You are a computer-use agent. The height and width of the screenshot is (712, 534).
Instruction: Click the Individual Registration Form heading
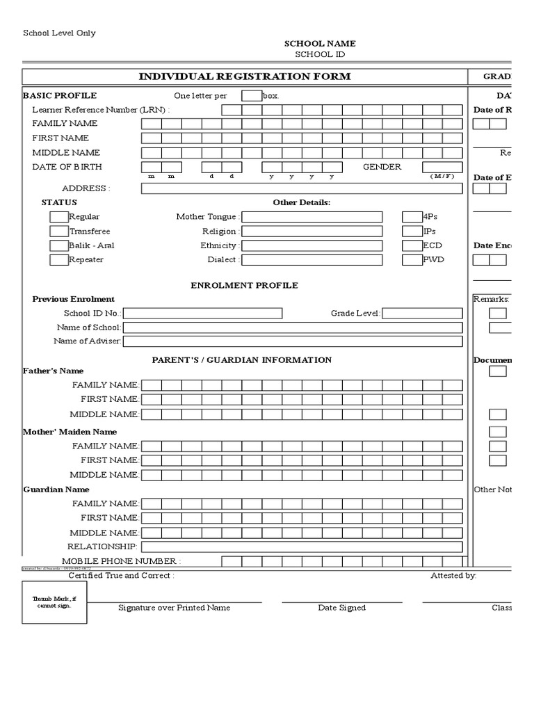pyautogui.click(x=245, y=76)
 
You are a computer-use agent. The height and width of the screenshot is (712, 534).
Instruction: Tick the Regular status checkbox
pyautogui.click(x=58, y=217)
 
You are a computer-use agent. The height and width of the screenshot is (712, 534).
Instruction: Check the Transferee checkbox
pyautogui.click(x=58, y=232)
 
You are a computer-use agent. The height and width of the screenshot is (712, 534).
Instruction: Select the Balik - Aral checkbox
pyautogui.click(x=58, y=245)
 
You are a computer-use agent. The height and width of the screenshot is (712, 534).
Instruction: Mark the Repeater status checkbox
pyautogui.click(x=58, y=260)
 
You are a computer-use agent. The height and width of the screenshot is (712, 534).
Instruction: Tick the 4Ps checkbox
pyautogui.click(x=412, y=217)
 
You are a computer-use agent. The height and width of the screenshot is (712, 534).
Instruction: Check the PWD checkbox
pyautogui.click(x=412, y=260)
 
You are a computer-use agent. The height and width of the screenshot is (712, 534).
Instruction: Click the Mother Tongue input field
pyautogui.click(x=311, y=217)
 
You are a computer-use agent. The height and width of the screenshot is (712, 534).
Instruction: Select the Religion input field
pyautogui.click(x=311, y=232)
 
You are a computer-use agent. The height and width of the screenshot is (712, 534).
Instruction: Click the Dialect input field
pyautogui.click(x=311, y=260)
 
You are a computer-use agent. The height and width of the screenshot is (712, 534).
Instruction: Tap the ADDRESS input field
pyautogui.click(x=302, y=188)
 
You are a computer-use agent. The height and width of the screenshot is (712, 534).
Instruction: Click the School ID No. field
pyautogui.click(x=202, y=314)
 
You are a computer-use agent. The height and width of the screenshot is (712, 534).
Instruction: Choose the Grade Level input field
pyautogui.click(x=422, y=314)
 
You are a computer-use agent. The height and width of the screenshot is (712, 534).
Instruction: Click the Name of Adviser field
pyautogui.click(x=292, y=341)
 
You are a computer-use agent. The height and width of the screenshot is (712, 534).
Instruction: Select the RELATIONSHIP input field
pyautogui.click(x=301, y=547)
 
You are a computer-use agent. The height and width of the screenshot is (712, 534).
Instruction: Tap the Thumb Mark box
pyautogui.click(x=52, y=601)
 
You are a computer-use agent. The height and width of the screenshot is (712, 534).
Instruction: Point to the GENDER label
pyautogui.click(x=382, y=167)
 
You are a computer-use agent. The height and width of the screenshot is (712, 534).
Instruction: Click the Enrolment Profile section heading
pyautogui.click(x=244, y=286)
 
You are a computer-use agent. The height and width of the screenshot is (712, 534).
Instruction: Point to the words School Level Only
pyautogui.click(x=60, y=33)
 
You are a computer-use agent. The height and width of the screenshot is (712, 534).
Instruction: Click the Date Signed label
pyautogui.click(x=341, y=608)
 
